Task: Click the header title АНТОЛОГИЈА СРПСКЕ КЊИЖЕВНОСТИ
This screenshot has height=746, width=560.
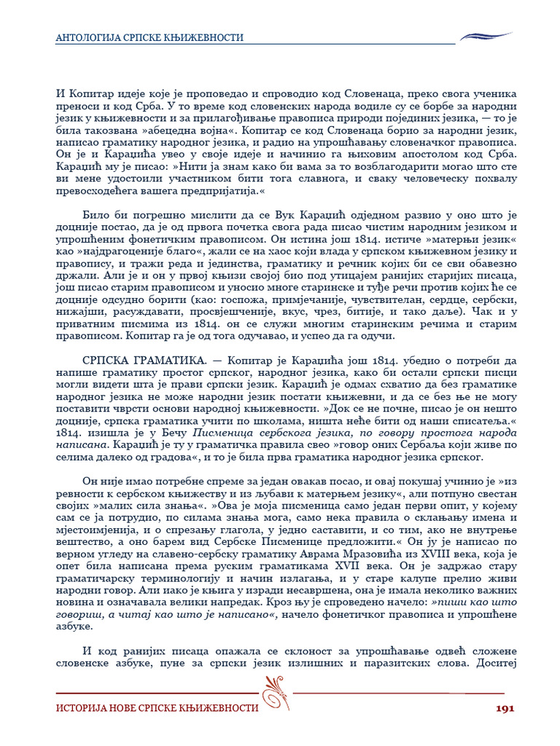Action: pyautogui.click(x=149, y=38)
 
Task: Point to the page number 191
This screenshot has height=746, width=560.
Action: pyautogui.click(x=506, y=707)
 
